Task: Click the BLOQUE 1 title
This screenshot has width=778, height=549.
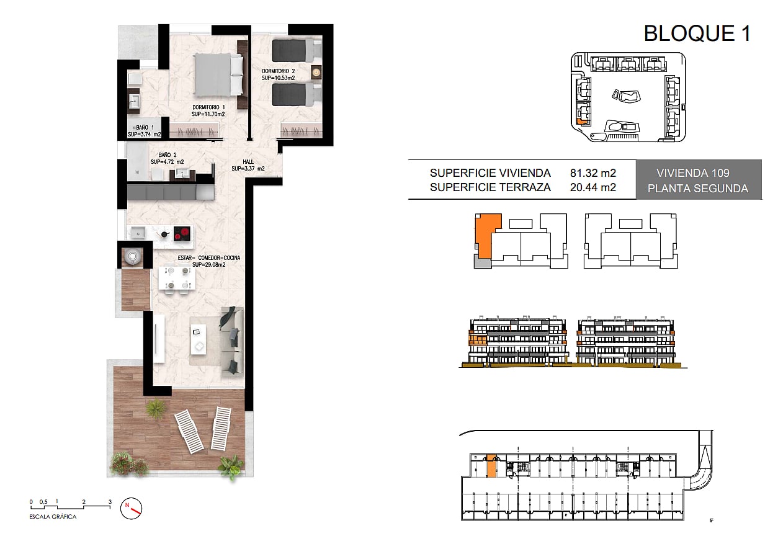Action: point(697,33)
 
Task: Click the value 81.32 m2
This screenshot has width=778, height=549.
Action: point(593,173)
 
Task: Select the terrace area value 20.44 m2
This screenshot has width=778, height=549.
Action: point(593,187)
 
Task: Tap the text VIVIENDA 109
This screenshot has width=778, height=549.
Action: point(693,173)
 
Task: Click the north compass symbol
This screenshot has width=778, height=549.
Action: point(132,509)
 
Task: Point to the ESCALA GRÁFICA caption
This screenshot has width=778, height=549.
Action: point(53,517)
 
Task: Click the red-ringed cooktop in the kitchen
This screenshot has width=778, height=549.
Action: point(182,233)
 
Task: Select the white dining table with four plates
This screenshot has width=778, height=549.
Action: point(177,278)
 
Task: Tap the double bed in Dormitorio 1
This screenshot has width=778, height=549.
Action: point(218,74)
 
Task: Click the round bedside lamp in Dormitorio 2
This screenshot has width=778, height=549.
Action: point(316,72)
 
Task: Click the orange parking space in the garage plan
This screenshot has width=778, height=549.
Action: point(491,466)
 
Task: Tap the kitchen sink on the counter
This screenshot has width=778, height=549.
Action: point(138,233)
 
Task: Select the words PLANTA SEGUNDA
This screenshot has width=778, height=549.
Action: point(698,189)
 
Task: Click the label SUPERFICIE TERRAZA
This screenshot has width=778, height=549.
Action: point(490,187)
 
